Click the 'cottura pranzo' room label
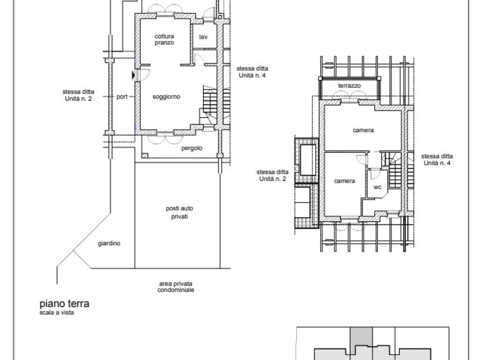[x=164, y=39]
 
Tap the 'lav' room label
[x=203, y=37]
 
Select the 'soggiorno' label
[x=166, y=97]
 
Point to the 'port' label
[x=122, y=97]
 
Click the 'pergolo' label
[x=192, y=148]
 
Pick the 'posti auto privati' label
[x=180, y=212]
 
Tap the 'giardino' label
[x=109, y=243]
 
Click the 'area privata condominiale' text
[x=176, y=287]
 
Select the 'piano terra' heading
[x=64, y=304]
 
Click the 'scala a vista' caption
[x=57, y=313]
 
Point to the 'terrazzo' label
[x=349, y=86]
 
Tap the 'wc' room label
[x=377, y=187]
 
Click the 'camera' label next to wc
[x=345, y=181]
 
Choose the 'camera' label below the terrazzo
[x=363, y=130]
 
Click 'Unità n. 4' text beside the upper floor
[x=437, y=163]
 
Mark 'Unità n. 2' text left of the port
[x=78, y=98]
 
